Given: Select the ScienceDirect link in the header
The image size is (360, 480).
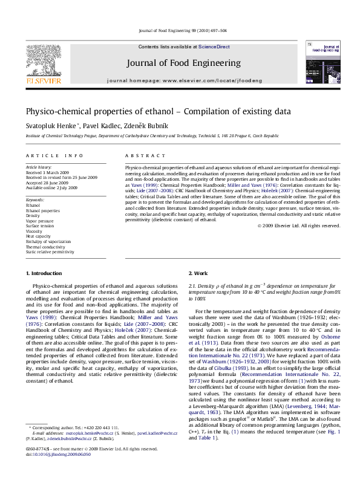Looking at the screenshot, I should [x=214, y=47].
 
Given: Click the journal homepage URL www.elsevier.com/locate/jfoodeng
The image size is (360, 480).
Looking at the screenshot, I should [x=201, y=80].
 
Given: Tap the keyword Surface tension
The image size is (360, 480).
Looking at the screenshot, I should [x=39, y=225].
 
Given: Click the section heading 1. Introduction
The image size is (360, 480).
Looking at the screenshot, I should [x=44, y=274].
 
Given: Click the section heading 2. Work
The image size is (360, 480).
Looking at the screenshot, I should [x=198, y=274].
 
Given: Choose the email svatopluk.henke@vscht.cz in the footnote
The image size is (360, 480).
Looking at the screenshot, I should [x=88, y=450].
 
